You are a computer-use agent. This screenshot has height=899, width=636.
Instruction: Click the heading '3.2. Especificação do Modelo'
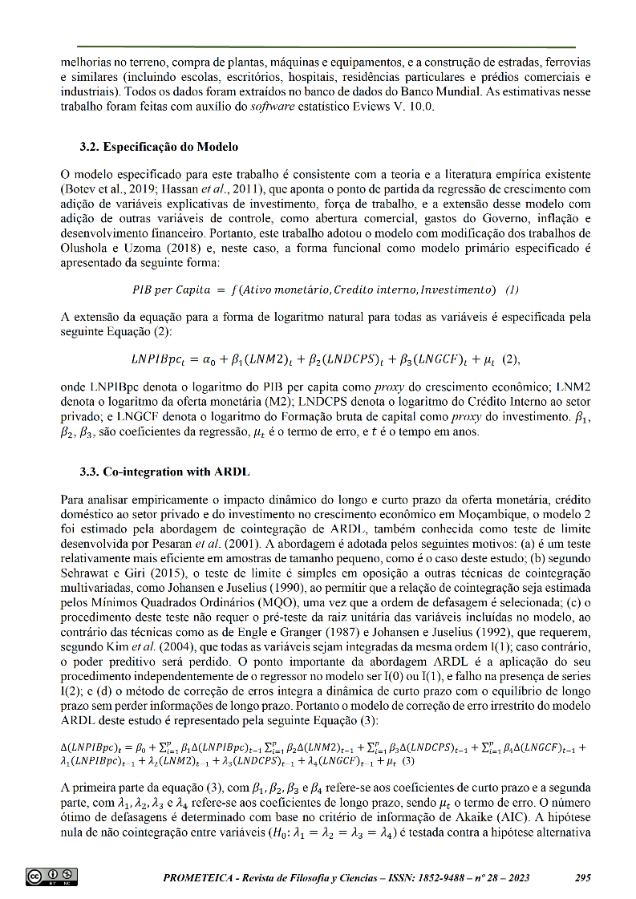click(x=159, y=147)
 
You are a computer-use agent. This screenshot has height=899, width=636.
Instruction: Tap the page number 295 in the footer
click(x=583, y=877)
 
